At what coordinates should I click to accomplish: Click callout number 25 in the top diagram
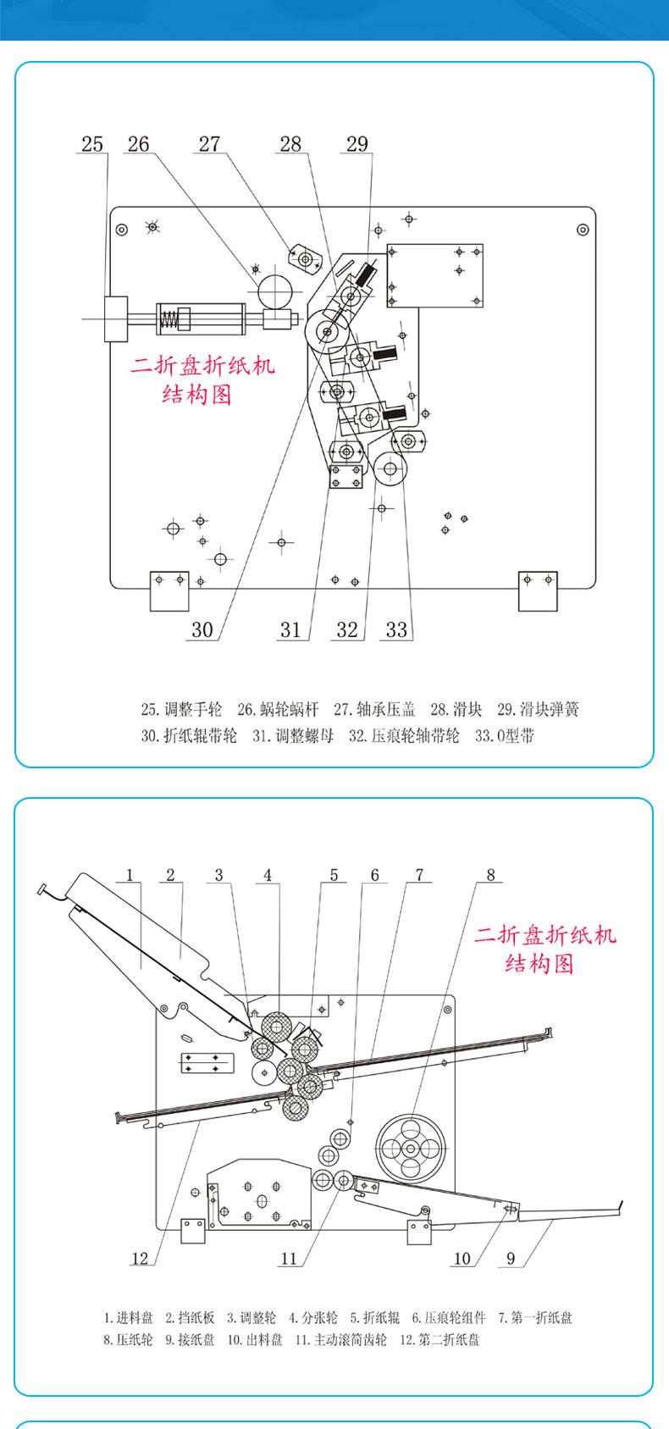click(92, 144)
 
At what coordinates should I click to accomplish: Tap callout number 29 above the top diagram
click(357, 144)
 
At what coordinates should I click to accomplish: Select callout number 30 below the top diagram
click(202, 629)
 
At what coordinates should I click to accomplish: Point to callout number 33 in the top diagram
click(396, 629)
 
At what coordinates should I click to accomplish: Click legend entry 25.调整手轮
click(180, 710)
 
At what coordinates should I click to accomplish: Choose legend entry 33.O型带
click(505, 735)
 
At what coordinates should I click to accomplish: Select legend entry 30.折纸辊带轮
click(189, 735)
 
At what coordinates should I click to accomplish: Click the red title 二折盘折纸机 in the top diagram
click(202, 366)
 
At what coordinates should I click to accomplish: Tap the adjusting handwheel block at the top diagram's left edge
click(115, 318)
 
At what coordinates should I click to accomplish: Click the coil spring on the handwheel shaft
click(169, 318)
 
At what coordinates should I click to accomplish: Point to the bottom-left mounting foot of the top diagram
click(169, 590)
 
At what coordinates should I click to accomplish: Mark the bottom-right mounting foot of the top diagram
click(538, 590)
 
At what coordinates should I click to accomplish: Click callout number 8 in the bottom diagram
click(490, 875)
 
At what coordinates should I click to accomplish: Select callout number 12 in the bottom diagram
click(140, 1258)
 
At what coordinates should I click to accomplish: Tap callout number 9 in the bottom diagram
click(511, 1258)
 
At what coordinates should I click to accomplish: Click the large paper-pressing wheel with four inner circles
click(410, 1149)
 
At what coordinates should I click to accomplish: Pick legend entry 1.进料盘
click(129, 1317)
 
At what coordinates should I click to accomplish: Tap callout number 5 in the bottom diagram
click(334, 875)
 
